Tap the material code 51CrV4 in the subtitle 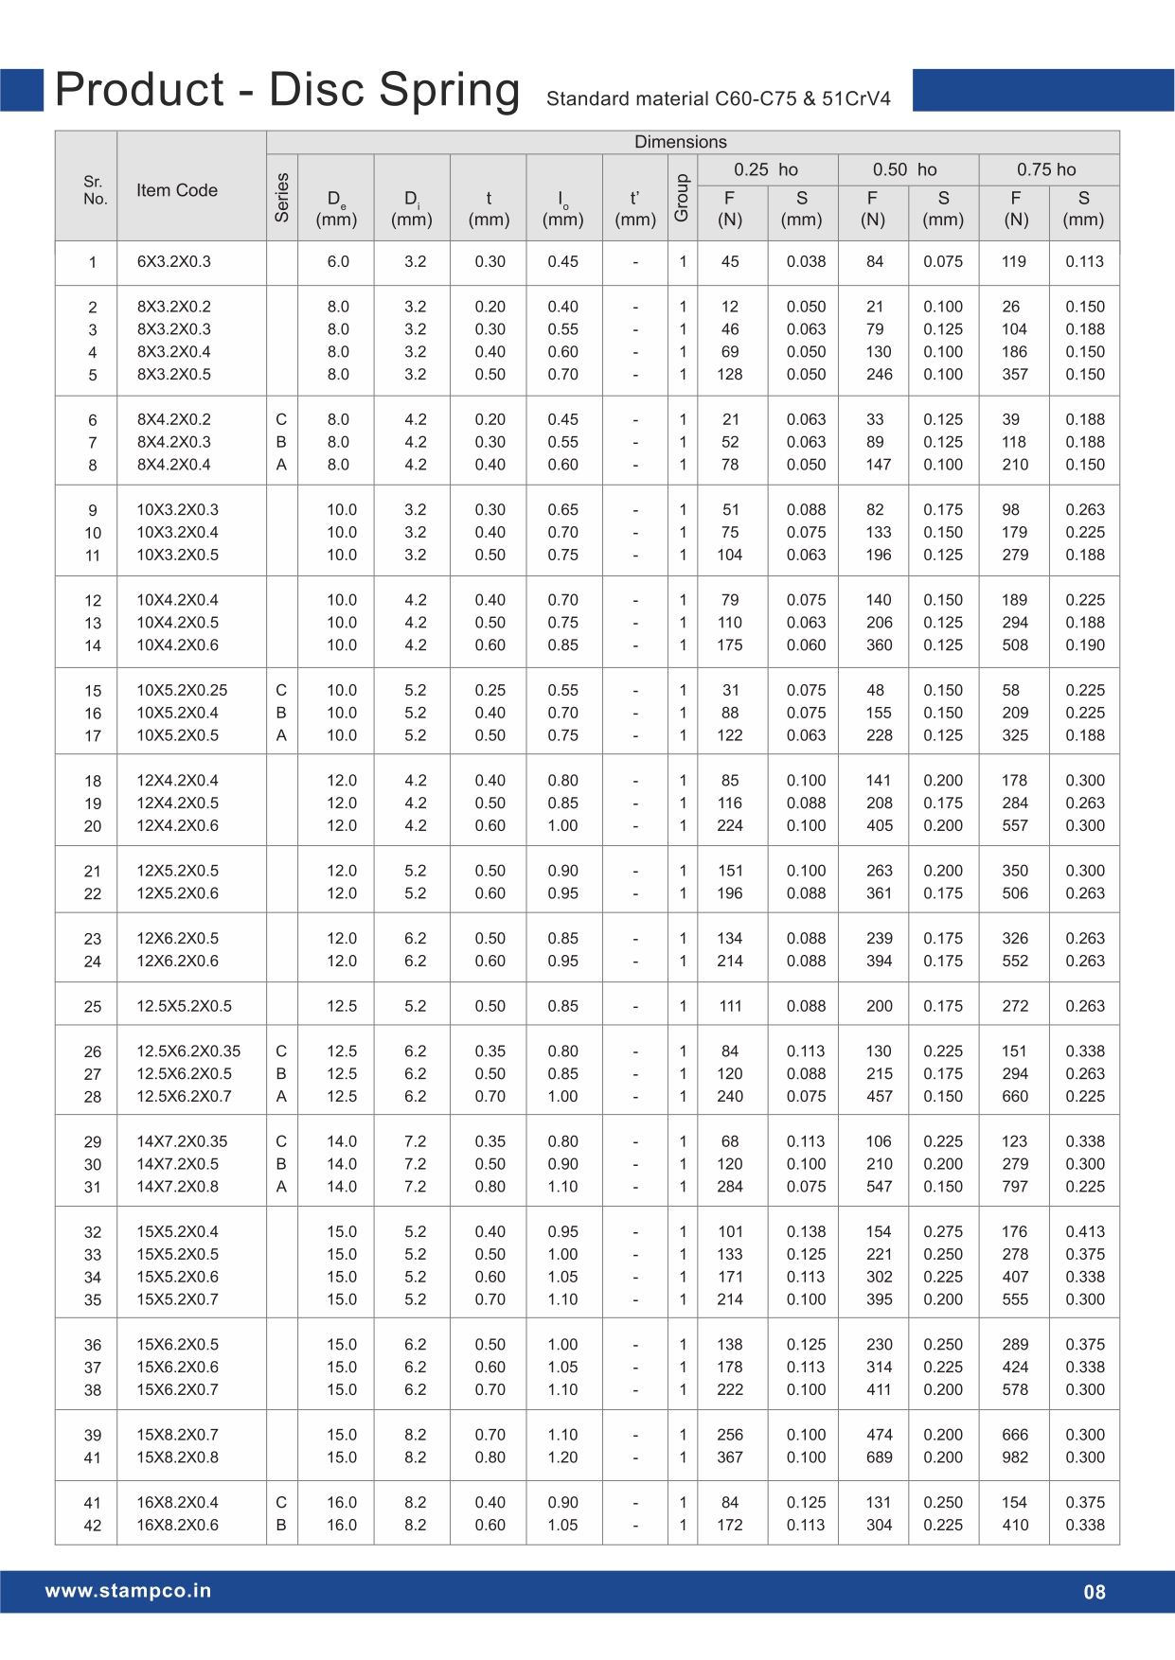tap(856, 99)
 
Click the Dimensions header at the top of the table tap(680, 142)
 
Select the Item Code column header tap(177, 190)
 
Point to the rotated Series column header tap(282, 197)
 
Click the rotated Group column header tap(682, 198)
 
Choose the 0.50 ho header tap(904, 170)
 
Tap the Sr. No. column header tap(95, 190)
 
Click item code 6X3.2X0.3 tap(174, 262)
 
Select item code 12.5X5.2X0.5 tap(184, 1006)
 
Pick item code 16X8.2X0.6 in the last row tap(177, 1525)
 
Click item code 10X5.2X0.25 tap(182, 690)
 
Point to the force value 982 tap(1015, 1457)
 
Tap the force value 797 tap(1015, 1187)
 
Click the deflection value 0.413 tap(1085, 1232)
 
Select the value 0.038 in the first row tap(806, 262)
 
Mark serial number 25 tap(93, 1007)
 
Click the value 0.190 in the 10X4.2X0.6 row tap(1085, 645)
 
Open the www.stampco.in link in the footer tap(128, 1591)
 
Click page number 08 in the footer tap(1095, 1592)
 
